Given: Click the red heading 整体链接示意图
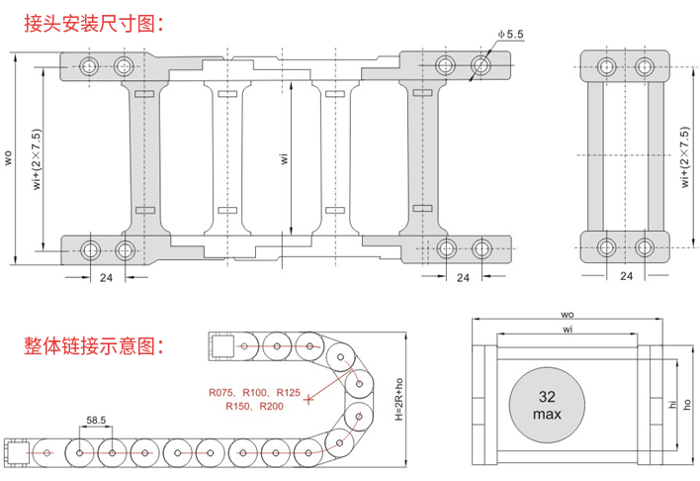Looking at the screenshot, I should pos(89,347).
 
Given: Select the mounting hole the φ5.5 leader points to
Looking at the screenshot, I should pos(481,66).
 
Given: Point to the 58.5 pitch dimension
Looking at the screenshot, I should pos(97,420).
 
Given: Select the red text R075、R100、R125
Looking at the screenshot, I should pos(254,393).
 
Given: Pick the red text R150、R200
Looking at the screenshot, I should pos(254,407).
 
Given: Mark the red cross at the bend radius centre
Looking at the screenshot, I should pos(310,400).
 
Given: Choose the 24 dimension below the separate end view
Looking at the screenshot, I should pos(625,276).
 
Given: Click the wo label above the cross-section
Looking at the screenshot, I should pos(567,315).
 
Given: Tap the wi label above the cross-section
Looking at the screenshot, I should pos(567,329).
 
